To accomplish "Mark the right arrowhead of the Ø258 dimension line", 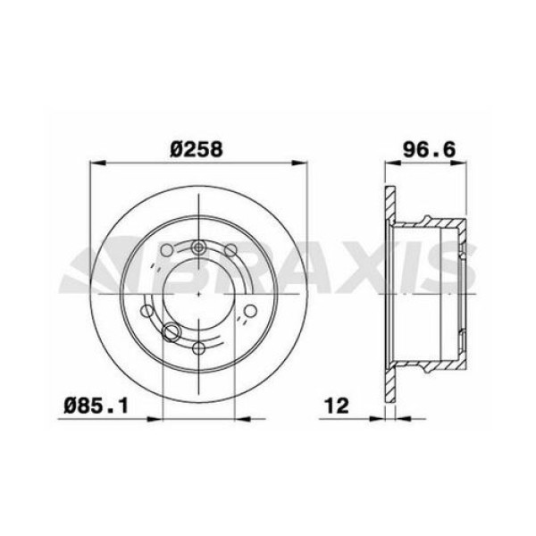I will point(296,163).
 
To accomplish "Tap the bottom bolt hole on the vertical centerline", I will point(197,348).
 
